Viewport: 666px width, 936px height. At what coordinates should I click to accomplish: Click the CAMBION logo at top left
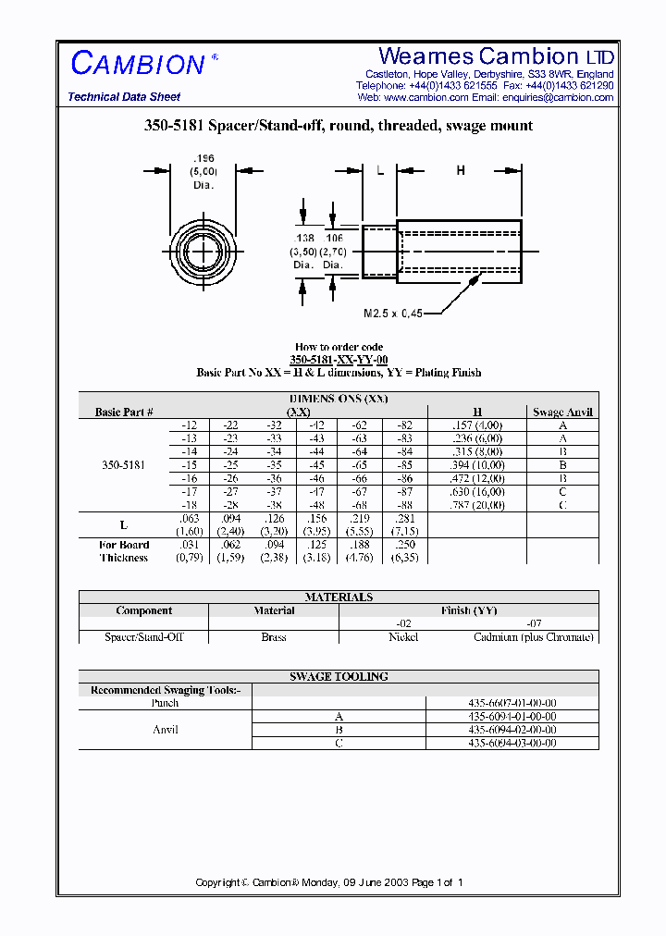[x=139, y=64]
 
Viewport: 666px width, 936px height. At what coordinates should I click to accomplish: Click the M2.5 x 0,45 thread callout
[x=392, y=314]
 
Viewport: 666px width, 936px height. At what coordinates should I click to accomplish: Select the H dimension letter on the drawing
[x=461, y=170]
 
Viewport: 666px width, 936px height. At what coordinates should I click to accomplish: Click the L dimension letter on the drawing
[x=379, y=170]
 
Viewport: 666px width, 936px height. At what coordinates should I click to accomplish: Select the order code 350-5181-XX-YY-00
[x=339, y=360]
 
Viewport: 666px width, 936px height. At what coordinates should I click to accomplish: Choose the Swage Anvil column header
[x=562, y=413]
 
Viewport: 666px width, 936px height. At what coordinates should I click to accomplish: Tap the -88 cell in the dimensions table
[x=404, y=506]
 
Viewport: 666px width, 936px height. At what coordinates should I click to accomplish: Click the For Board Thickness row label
[x=124, y=551]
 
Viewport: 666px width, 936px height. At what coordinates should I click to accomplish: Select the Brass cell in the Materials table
[x=274, y=637]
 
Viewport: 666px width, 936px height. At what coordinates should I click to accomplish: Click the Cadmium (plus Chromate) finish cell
[x=533, y=637]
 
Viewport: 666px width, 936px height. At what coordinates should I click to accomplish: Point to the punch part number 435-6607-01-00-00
[x=512, y=703]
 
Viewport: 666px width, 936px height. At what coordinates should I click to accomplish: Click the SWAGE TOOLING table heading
[x=339, y=677]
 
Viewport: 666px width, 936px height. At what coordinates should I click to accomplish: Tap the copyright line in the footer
[x=328, y=882]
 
